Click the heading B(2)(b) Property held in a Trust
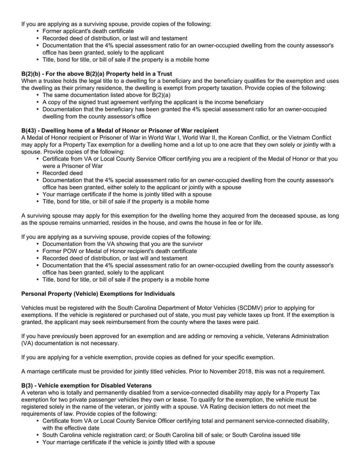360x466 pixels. coord(97,73)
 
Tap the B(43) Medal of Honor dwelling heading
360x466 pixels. coord(120,131)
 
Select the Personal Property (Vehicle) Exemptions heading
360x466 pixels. coord(98,294)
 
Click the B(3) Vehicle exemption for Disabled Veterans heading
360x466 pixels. coord(86,385)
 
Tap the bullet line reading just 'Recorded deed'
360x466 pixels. coord(63,173)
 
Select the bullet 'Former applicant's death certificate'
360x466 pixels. coord(88,31)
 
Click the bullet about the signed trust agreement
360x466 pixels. coord(153,102)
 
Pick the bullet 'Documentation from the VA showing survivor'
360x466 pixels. coord(122,244)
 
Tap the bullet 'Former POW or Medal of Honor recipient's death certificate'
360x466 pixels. coord(120,251)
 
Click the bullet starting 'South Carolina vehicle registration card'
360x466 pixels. coord(171,435)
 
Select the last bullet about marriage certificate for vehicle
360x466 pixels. coord(129,442)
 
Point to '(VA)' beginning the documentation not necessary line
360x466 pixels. coord(28,343)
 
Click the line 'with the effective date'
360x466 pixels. coord(71,428)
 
